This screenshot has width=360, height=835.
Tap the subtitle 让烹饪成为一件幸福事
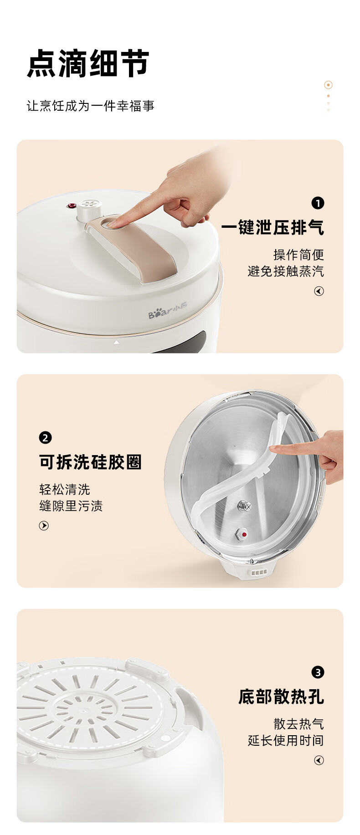[90, 106]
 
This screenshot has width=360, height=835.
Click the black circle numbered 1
[318, 203]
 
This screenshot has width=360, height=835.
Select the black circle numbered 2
[45, 438]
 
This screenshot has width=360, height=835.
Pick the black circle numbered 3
[318, 672]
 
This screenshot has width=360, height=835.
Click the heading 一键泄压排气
[273, 227]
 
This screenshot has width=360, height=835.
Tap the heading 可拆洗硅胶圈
[91, 462]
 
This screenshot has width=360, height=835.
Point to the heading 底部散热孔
[281, 697]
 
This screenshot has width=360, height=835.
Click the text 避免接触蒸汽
[286, 271]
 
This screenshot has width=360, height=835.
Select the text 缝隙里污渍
[71, 506]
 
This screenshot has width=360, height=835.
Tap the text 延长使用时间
[286, 740]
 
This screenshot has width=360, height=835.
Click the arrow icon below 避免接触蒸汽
[319, 291]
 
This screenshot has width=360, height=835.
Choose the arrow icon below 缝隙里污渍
[44, 526]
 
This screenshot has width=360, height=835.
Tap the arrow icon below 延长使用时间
[319, 760]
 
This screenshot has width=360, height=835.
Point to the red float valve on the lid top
[72, 206]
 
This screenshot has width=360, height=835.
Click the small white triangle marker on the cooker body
[116, 342]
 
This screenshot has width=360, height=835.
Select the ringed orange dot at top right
[328, 85]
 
